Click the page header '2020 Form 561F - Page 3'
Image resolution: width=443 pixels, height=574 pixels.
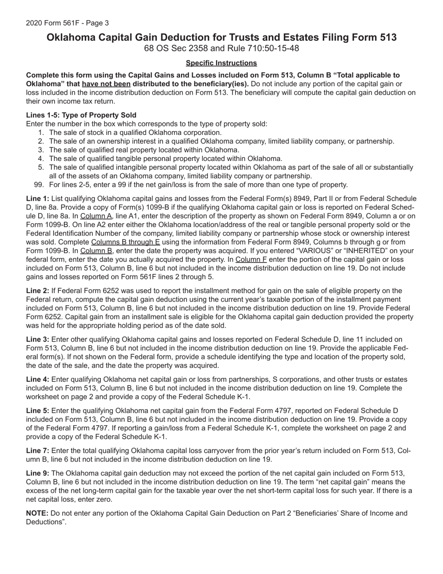[x=67, y=23]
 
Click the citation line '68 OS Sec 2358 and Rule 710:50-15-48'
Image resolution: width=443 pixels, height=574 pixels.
[x=221, y=49]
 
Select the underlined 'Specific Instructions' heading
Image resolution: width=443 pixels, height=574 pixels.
[x=221, y=63]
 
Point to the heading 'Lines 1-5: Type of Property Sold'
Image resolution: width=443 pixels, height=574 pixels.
[x=81, y=115]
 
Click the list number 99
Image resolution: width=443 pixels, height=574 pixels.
[x=39, y=185]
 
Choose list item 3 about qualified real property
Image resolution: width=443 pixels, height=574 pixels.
[x=144, y=150]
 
